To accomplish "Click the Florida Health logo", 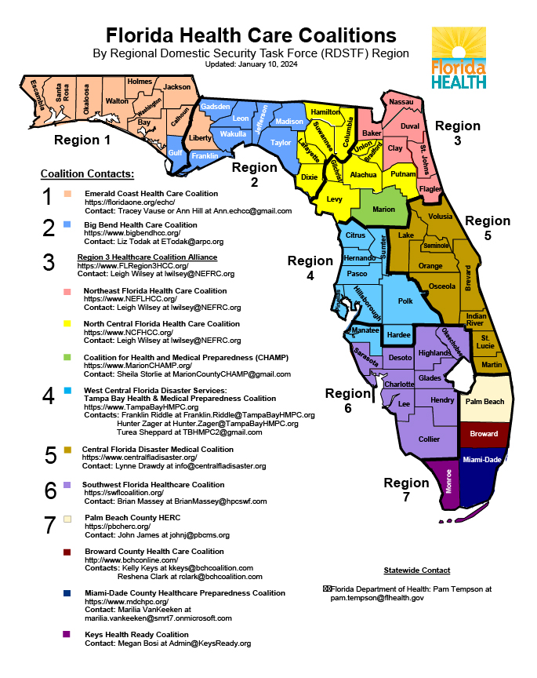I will tap(459, 58).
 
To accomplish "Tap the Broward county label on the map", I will tap(484, 434).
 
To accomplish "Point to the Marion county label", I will tap(383, 210).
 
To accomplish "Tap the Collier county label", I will tap(430, 439).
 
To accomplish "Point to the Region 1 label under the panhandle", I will tap(82, 140).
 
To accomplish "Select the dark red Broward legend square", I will tap(68, 552).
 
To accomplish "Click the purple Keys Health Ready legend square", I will tap(68, 634).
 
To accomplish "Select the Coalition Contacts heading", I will tap(87, 173).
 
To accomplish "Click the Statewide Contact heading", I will tap(416, 570).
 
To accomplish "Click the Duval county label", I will tap(410, 126).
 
